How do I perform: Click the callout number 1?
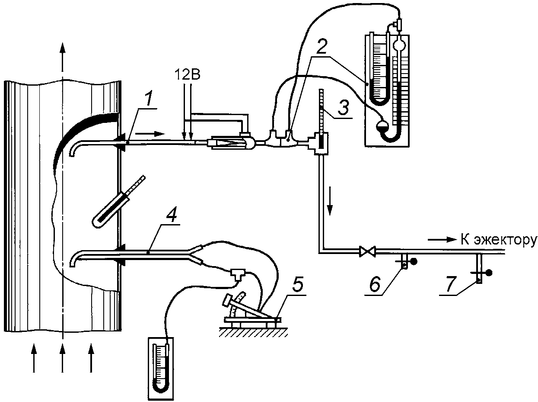(x=150, y=98)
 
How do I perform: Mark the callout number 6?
(x=376, y=284)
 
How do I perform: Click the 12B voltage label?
(x=188, y=75)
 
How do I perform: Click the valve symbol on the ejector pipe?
(x=367, y=251)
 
